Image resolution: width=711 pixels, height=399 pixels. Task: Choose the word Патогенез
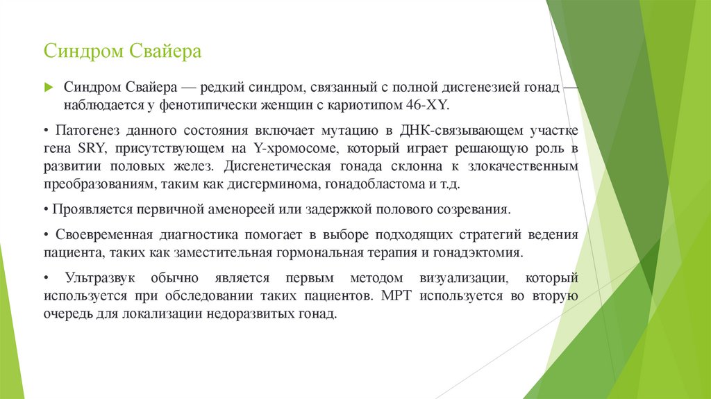pos(80,130)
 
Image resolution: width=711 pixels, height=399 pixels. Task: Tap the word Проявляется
pos(83,209)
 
